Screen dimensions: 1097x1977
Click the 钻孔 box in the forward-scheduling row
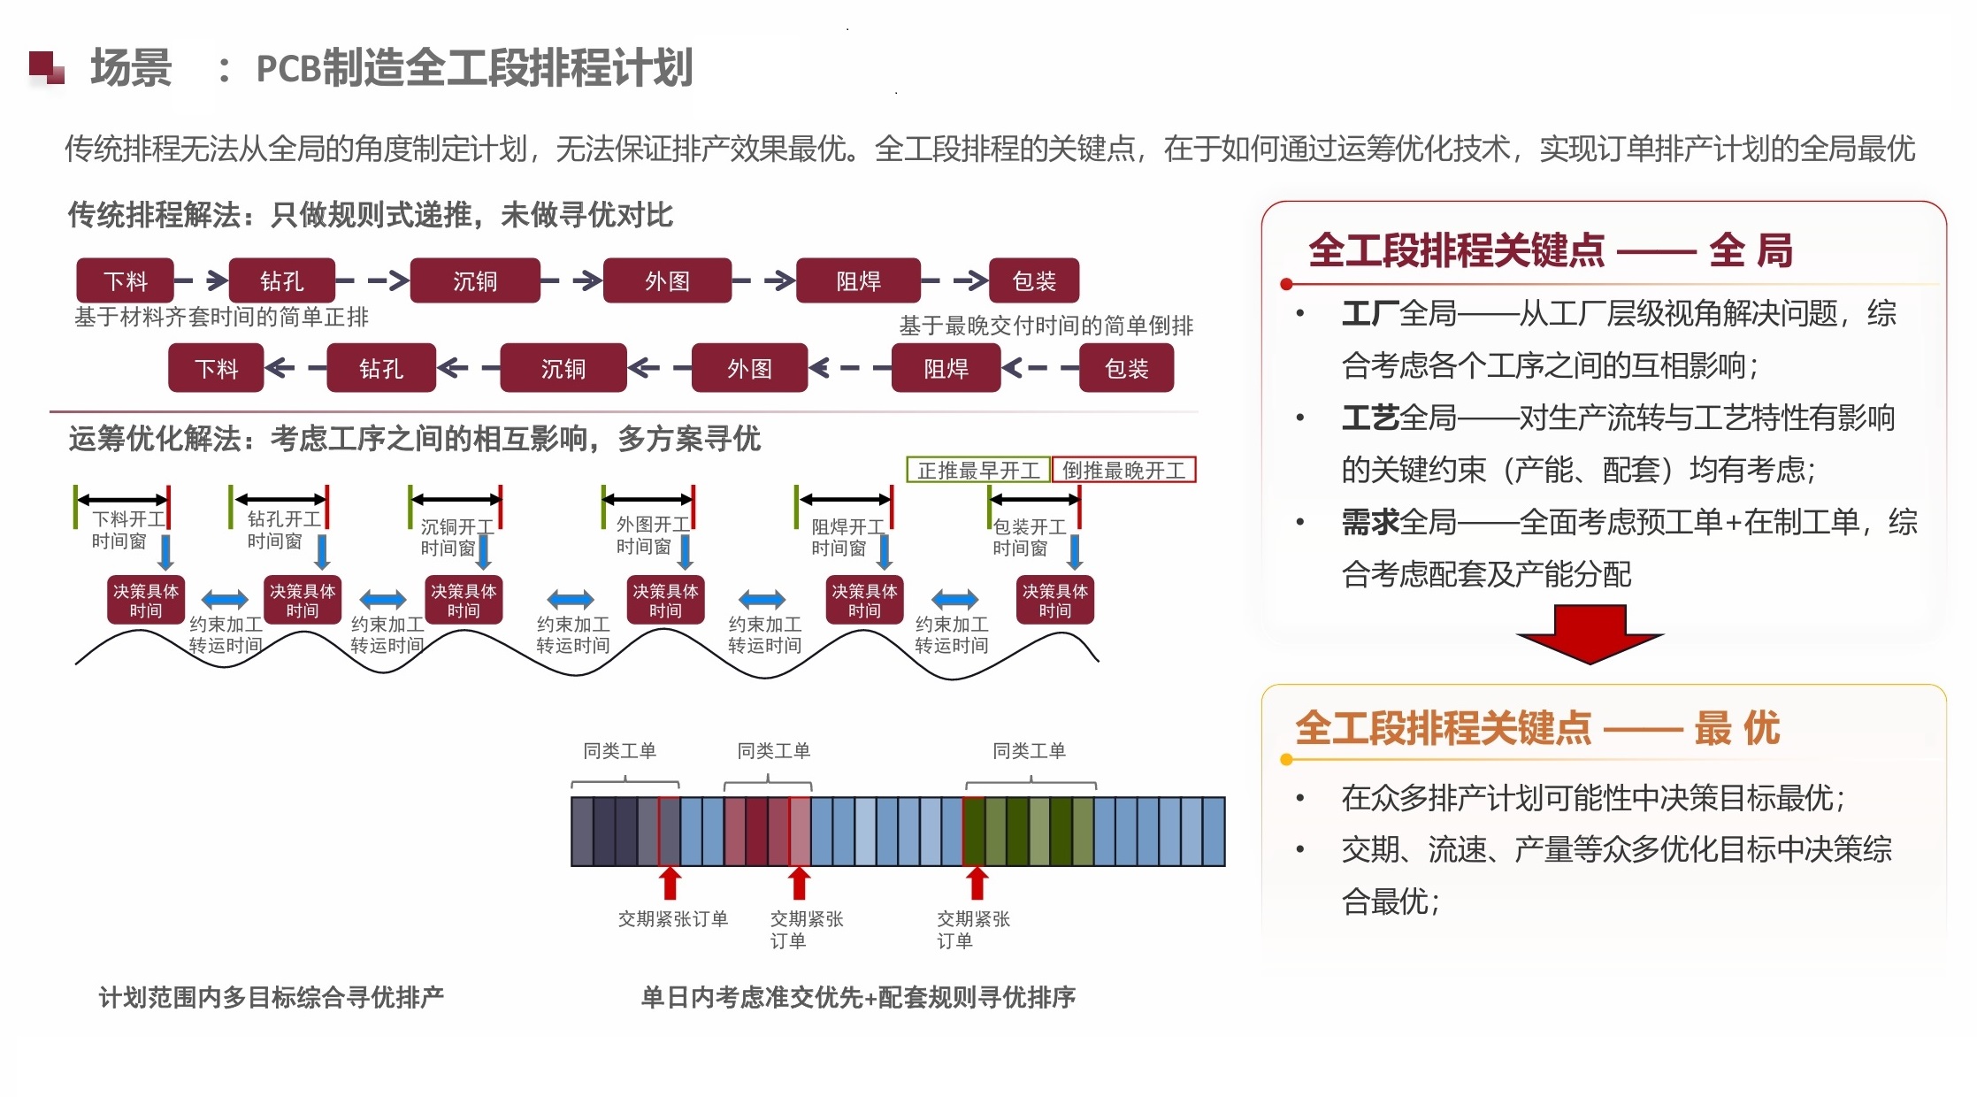click(x=282, y=281)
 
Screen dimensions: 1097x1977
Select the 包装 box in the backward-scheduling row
click(x=1126, y=368)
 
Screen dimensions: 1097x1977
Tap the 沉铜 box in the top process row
click(x=475, y=281)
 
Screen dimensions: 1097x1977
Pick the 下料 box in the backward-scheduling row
click(x=216, y=368)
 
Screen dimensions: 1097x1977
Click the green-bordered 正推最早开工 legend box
click(x=978, y=470)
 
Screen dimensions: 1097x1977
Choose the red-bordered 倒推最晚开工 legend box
click(x=1123, y=470)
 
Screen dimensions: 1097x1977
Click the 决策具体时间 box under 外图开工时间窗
click(x=665, y=601)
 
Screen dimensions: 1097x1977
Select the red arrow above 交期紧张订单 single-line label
click(x=670, y=883)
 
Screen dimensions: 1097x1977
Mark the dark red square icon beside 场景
click(x=46, y=67)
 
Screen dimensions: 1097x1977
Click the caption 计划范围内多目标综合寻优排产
click(x=271, y=997)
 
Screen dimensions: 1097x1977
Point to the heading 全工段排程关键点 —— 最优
click(x=1536, y=728)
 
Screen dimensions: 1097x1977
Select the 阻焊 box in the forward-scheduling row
click(x=858, y=281)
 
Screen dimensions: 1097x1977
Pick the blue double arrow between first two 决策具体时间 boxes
click(x=225, y=600)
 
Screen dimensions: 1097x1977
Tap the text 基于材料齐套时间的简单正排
click(x=221, y=317)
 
